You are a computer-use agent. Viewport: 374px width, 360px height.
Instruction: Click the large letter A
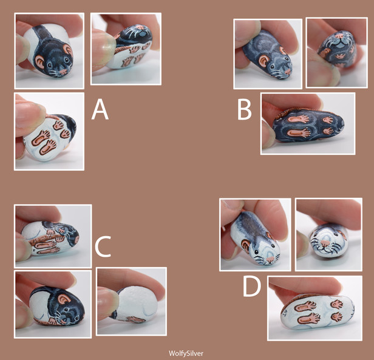point(100,109)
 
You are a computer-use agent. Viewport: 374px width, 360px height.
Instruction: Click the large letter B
point(245,109)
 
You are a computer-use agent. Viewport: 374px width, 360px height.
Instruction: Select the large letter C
point(103,246)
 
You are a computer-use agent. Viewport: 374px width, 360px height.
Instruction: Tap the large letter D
point(251,287)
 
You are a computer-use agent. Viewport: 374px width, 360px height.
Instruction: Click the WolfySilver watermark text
point(186,353)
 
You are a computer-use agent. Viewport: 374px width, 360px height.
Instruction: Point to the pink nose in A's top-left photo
point(63,71)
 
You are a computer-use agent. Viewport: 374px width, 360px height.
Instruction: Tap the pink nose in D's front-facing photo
point(324,243)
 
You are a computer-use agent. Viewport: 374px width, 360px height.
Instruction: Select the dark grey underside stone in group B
point(308,125)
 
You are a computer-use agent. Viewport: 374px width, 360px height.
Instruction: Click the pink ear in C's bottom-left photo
point(64,299)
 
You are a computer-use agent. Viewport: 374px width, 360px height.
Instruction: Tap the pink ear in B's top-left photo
point(264,62)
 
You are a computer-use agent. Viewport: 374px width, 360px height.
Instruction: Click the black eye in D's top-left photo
point(256,252)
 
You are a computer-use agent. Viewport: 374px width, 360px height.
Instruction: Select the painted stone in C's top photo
point(50,238)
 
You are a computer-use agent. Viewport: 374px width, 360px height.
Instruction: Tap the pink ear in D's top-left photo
point(246,245)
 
